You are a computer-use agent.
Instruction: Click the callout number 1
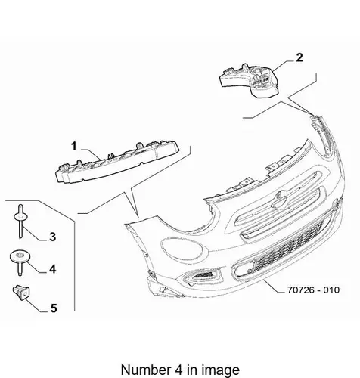coord(73,146)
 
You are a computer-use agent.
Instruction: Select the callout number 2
coord(299,57)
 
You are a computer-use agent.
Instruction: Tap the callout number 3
coord(52,237)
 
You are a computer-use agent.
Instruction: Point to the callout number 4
coord(52,269)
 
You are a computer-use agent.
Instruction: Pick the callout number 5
coord(54,308)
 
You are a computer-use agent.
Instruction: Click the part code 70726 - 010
coord(313,290)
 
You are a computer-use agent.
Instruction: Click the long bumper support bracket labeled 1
coord(117,162)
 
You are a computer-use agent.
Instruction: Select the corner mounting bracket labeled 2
coord(250,80)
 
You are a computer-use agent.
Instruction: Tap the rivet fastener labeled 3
coord(20,221)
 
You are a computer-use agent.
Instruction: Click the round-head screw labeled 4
coord(20,262)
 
